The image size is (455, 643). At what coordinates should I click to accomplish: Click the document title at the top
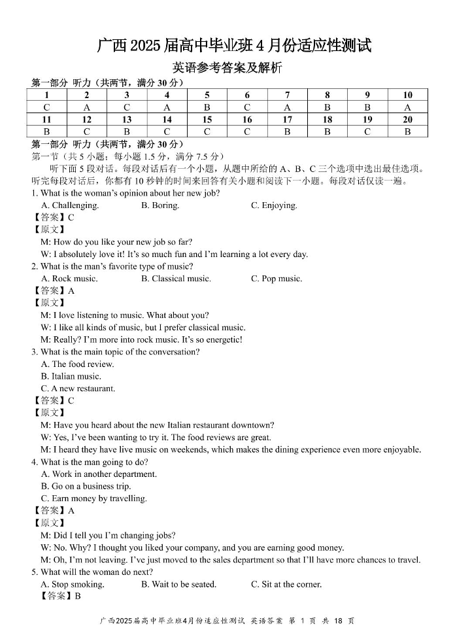click(x=234, y=45)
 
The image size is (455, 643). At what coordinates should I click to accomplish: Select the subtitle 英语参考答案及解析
click(x=227, y=67)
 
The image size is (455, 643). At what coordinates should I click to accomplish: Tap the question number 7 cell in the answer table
click(x=287, y=95)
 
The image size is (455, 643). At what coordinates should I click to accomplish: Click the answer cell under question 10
click(x=407, y=107)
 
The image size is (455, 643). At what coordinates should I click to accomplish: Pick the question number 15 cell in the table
click(x=207, y=120)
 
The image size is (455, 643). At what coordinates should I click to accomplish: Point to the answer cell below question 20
click(x=407, y=131)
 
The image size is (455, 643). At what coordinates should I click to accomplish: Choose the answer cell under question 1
click(x=46, y=107)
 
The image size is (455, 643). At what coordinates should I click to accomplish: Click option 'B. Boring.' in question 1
click(x=160, y=205)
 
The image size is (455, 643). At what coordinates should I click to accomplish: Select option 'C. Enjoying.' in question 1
click(x=274, y=205)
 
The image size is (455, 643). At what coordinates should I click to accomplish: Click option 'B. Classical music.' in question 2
click(x=176, y=279)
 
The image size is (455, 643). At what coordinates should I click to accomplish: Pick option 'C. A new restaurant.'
click(x=78, y=389)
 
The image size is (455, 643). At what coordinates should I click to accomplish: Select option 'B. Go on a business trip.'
click(x=86, y=486)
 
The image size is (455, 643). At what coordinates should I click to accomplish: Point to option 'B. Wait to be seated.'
click(x=178, y=584)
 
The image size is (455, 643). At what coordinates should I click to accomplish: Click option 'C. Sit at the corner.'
click(x=286, y=584)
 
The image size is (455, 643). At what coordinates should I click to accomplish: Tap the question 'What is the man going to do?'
click(x=99, y=462)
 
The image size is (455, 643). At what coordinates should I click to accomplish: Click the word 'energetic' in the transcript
click(x=223, y=339)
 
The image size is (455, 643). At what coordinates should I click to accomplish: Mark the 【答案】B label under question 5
click(x=58, y=596)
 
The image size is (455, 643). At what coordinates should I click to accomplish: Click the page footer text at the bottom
click(x=227, y=621)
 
